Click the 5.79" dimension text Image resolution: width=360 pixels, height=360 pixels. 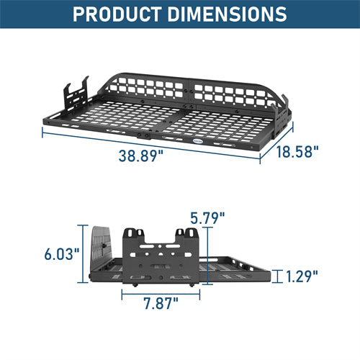point(207,215)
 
